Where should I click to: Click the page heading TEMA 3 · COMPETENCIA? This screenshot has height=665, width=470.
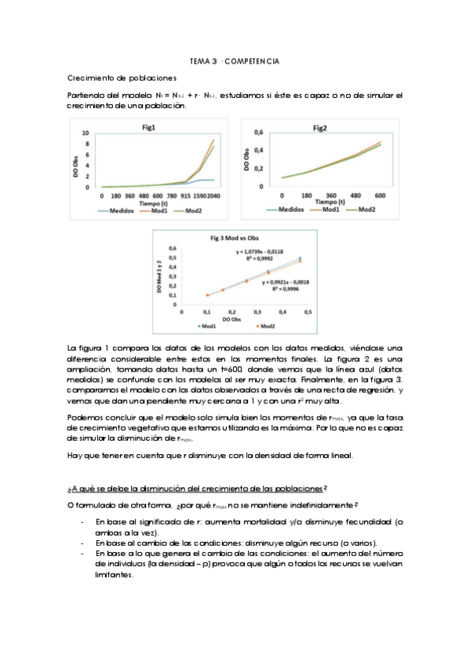pos(235,60)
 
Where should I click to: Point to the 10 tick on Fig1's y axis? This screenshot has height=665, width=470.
pos(86,134)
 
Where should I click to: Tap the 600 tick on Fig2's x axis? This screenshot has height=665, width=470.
pos(379,194)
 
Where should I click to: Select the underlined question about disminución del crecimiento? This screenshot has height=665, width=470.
pos(197,488)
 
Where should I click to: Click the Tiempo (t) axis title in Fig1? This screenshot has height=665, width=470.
pos(148,202)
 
